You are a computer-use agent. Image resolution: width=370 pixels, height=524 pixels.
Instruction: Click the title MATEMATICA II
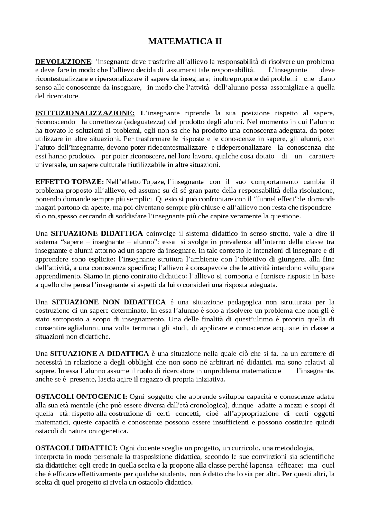pyautogui.click(x=185, y=41)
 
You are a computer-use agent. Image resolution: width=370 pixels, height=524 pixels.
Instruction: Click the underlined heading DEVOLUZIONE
pyautogui.click(x=63, y=62)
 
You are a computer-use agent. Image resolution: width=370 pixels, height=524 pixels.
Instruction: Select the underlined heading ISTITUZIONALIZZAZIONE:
pyautogui.click(x=85, y=113)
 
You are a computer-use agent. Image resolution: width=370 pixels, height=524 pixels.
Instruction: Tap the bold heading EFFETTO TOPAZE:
pyautogui.click(x=69, y=182)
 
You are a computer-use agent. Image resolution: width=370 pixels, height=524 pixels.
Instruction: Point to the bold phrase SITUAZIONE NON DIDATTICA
pyautogui.click(x=109, y=302)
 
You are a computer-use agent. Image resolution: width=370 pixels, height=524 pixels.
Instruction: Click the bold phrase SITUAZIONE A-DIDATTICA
pyautogui.click(x=99, y=354)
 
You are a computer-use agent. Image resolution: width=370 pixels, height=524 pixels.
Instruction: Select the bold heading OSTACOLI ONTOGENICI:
pyautogui.click(x=81, y=396)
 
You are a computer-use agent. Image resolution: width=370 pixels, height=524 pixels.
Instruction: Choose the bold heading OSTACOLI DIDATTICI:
pyautogui.click(x=76, y=448)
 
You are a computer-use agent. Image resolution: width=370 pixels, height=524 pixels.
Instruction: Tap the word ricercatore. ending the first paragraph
pyautogui.click(x=63, y=96)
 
